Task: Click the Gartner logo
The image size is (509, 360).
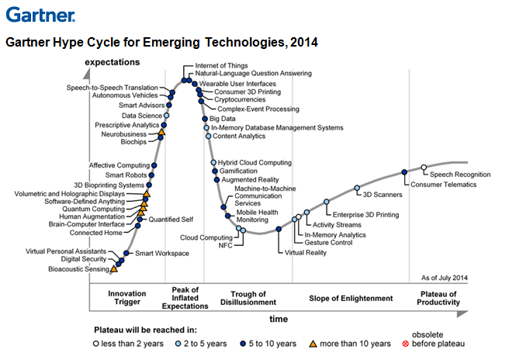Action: [x=40, y=14]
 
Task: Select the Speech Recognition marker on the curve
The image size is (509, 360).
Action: [x=424, y=167]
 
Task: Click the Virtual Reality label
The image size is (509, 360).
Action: [x=305, y=252]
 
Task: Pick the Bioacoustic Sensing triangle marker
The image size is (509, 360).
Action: [x=115, y=269]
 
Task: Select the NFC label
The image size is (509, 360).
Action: [x=226, y=245]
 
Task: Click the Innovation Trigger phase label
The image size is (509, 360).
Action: [x=126, y=299]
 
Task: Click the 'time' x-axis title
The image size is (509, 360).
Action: [x=279, y=318]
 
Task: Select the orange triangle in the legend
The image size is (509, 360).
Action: [x=314, y=344]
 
